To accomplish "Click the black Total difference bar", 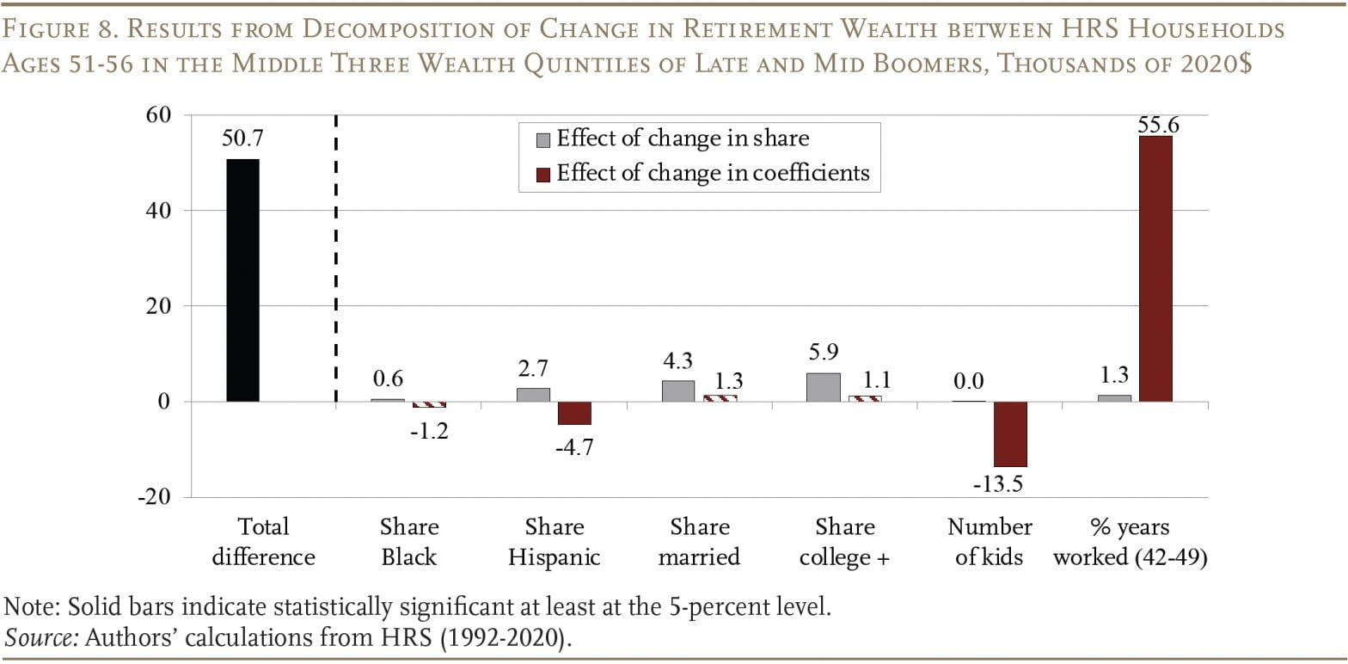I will (x=242, y=280).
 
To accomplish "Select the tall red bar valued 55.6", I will (x=1155, y=268).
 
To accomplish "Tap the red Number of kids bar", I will (x=1010, y=433).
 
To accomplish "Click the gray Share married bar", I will (x=677, y=390).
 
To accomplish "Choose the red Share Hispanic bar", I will (x=574, y=413).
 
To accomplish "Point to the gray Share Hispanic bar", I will (x=533, y=395).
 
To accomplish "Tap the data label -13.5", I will (x=997, y=484).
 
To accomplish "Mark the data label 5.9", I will (x=822, y=353).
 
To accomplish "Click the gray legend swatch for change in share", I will (x=543, y=140).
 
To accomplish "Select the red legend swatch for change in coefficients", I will (x=543, y=175).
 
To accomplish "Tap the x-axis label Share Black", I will (x=408, y=541).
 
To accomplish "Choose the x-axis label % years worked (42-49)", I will (x=1130, y=541).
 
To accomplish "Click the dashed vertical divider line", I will (x=335, y=258).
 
